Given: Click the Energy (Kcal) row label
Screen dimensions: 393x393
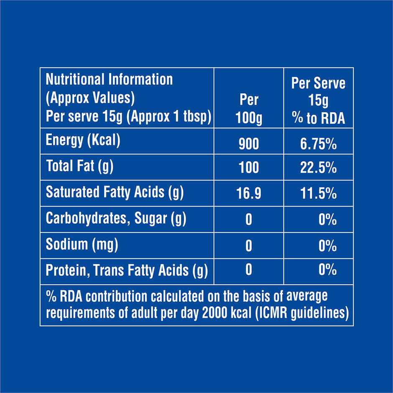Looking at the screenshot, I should pyautogui.click(x=83, y=141).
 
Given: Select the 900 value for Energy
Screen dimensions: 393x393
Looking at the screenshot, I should pyautogui.click(x=249, y=144).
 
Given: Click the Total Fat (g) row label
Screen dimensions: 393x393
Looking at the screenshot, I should pyautogui.click(x=79, y=167).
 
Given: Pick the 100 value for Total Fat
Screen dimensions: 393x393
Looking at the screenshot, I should pyautogui.click(x=249, y=168).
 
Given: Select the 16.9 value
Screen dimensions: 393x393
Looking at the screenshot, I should pyautogui.click(x=249, y=194).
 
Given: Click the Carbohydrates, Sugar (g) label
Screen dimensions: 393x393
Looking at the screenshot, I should pyautogui.click(x=116, y=218).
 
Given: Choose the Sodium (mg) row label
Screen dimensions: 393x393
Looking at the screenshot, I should pyautogui.click(x=82, y=244).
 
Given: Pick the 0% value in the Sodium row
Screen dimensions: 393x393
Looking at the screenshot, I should pyautogui.click(x=327, y=246).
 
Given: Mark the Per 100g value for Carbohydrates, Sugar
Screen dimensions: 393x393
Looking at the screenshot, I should pyautogui.click(x=249, y=220).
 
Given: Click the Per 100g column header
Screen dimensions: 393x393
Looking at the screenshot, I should pyautogui.click(x=249, y=110).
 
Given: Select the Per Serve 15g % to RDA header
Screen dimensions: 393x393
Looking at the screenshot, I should pyautogui.click(x=319, y=101).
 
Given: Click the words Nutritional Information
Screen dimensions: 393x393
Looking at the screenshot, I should pyautogui.click(x=109, y=79).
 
